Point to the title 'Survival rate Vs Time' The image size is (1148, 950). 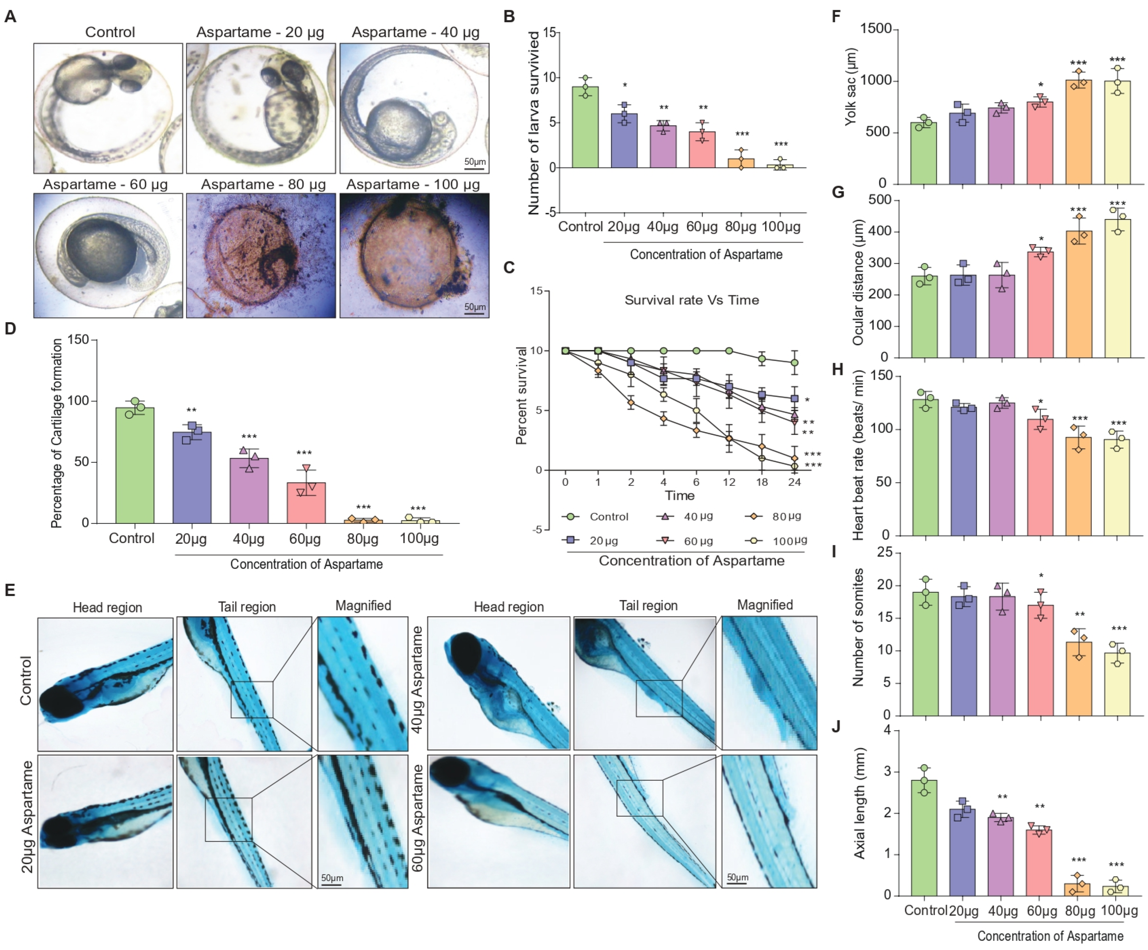(691, 300)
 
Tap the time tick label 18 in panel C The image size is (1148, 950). (762, 482)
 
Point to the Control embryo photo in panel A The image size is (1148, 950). (108, 108)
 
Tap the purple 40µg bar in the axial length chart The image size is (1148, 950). (1001, 856)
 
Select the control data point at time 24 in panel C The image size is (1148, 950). (794, 363)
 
